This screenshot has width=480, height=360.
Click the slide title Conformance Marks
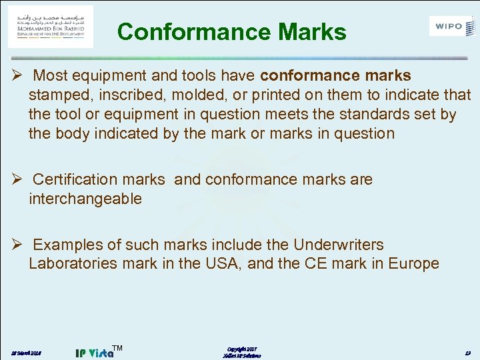(231, 32)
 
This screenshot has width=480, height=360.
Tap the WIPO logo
(453, 27)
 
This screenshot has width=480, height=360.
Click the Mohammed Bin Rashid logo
(51, 26)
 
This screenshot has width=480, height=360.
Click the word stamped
(59, 95)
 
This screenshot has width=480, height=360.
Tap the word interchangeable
(85, 199)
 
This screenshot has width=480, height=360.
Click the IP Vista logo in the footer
(94, 351)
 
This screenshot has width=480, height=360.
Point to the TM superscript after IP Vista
(117, 347)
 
